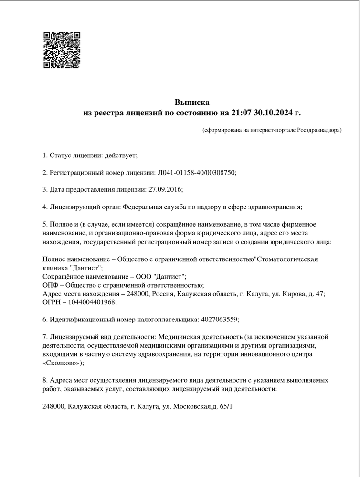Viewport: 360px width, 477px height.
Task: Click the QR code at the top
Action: [x=62, y=50]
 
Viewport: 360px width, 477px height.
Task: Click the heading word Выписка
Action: [x=192, y=102]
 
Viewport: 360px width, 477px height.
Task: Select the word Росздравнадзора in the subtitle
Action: [x=319, y=130]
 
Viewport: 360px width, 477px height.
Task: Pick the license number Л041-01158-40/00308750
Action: [x=196, y=172]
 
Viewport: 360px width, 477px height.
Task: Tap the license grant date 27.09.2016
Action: [x=164, y=189]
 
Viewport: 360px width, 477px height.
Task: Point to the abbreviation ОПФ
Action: [x=51, y=285]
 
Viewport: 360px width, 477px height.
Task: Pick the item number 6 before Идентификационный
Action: [x=45, y=319]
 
